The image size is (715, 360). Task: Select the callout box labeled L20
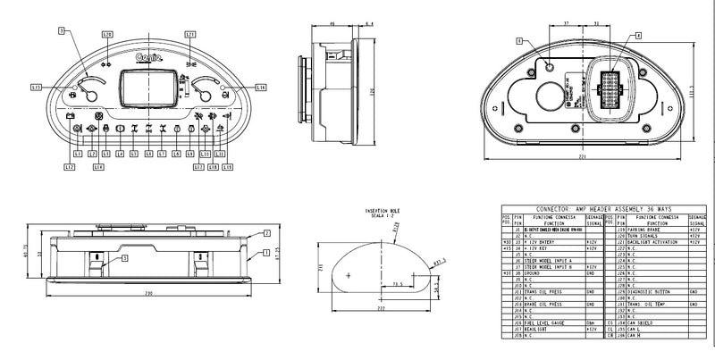pyautogui.click(x=107, y=34)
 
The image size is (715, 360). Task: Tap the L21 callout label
pyautogui.click(x=189, y=34)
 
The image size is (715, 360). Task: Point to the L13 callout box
pyautogui.click(x=36, y=87)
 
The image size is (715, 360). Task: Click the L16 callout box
pyautogui.click(x=261, y=87)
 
